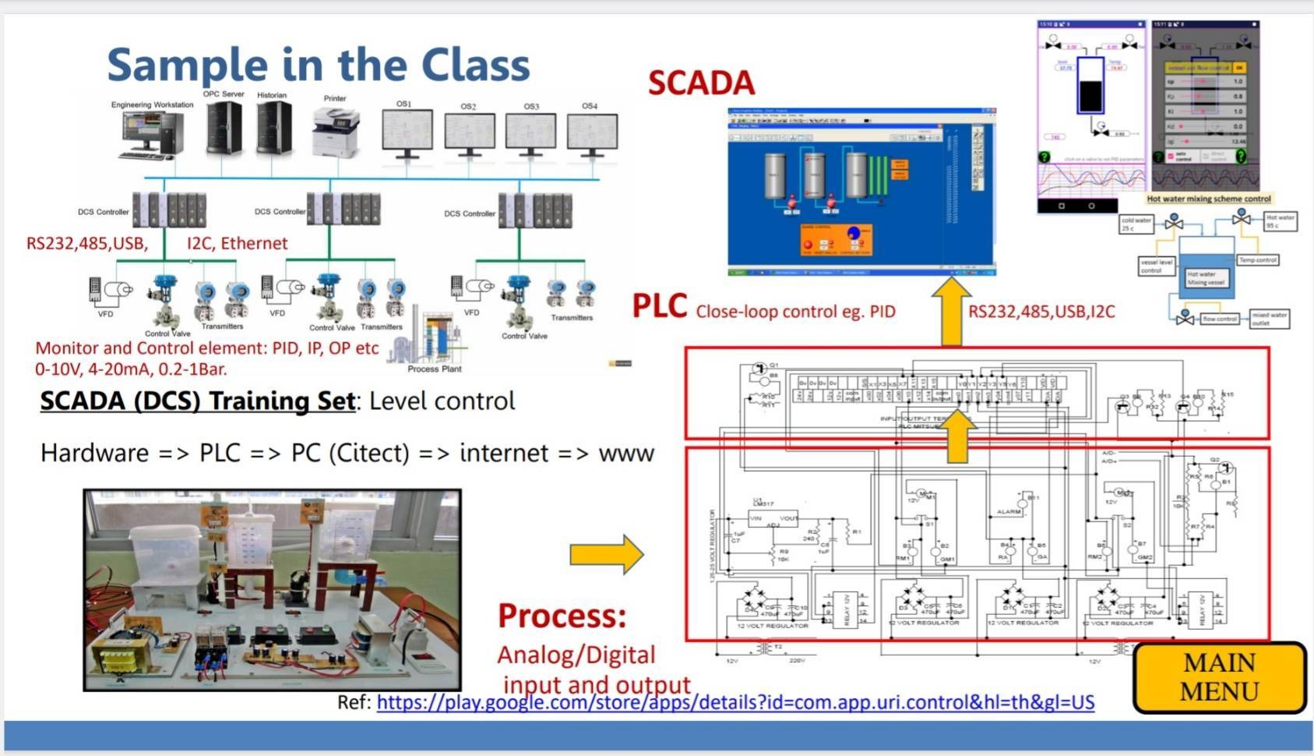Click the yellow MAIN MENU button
[1219, 677]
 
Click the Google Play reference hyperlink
[735, 702]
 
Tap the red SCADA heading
[701, 83]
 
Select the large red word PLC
[660, 306]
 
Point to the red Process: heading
[562, 616]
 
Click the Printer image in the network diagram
[336, 132]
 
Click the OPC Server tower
[224, 127]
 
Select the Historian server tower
[273, 128]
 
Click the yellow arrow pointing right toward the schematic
[607, 554]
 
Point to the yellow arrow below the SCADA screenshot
[951, 311]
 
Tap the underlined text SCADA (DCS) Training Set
[198, 401]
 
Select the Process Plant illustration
[434, 337]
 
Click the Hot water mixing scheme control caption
[1208, 199]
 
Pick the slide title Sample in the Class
[318, 65]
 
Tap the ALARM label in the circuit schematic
[1009, 512]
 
